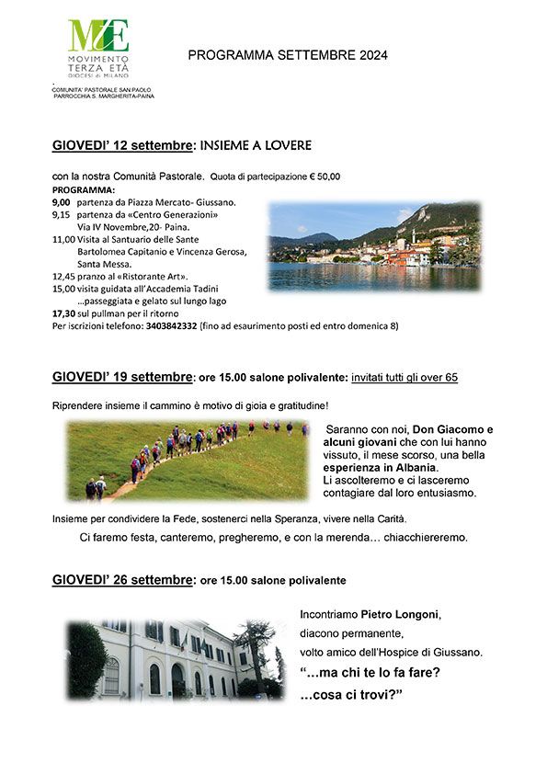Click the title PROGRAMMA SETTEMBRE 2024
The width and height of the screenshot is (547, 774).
click(x=288, y=55)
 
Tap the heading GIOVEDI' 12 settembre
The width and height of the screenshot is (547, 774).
click(x=122, y=145)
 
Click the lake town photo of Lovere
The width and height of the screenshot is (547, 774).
click(x=374, y=246)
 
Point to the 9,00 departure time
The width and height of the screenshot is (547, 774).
click(x=61, y=201)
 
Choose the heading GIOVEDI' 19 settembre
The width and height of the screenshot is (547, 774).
click(x=122, y=377)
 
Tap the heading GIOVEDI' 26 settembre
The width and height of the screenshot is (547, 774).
click(x=122, y=580)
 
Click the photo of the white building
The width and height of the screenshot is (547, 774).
click(x=176, y=659)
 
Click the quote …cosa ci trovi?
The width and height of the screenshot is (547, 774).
click(x=353, y=694)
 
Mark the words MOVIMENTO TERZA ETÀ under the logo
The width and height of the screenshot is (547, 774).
click(x=97, y=64)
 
